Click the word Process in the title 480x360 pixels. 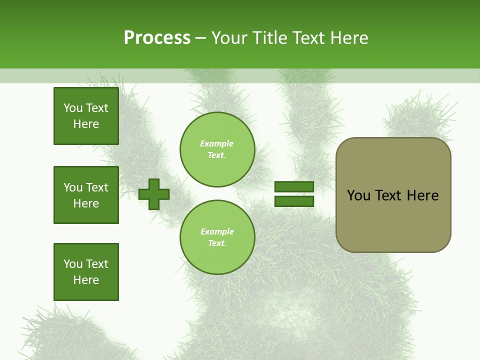pos(157,38)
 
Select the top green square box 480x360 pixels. pos(86,116)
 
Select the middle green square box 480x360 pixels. pos(86,195)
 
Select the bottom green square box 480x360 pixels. pos(86,272)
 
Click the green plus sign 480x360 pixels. pos(154,194)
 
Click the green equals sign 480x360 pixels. pos(294,194)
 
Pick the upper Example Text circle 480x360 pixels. pos(217,149)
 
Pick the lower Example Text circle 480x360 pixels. pos(217,237)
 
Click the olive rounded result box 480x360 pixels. pos(393,195)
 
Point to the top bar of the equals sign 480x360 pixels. pos(294,187)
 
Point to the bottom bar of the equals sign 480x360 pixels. pos(294,201)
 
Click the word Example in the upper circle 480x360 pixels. pos(217,143)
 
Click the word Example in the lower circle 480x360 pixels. pos(217,231)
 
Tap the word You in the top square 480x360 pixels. pos(73,108)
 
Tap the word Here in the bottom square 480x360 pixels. pos(86,280)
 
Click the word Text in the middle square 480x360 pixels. pos(97,187)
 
